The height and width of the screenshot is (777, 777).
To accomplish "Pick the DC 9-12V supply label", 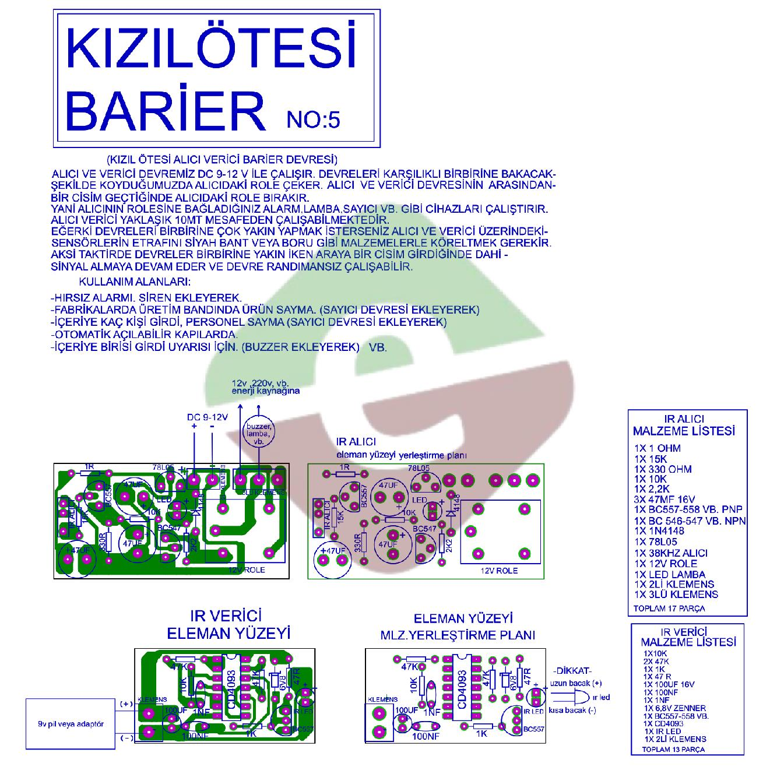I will click(207, 417).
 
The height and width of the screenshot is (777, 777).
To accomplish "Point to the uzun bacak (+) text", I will click(575, 683).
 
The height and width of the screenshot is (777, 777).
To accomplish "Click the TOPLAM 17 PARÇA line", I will click(669, 609).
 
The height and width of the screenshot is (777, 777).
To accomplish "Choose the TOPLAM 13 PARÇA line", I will click(673, 749).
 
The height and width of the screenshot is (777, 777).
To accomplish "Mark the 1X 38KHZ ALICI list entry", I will click(671, 553).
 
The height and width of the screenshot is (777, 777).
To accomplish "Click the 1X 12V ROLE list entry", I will click(666, 564).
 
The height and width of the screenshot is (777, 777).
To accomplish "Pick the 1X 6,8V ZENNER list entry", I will click(674, 708).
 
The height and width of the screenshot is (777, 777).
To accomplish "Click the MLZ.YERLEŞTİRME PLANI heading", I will click(458, 635).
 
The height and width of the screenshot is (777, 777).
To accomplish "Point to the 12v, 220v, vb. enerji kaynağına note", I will click(265, 386).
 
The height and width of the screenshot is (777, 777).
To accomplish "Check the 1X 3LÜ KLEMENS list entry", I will click(676, 595).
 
